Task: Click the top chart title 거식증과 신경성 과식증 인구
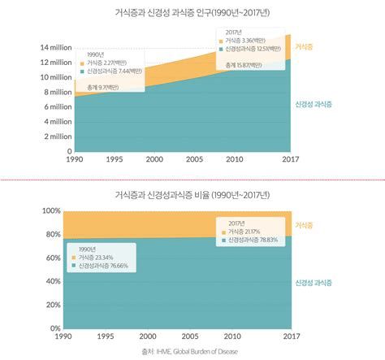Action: point(192,13)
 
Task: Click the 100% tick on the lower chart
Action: point(51,211)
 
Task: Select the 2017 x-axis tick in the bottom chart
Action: point(290,336)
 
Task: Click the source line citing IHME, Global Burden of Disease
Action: point(192,351)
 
